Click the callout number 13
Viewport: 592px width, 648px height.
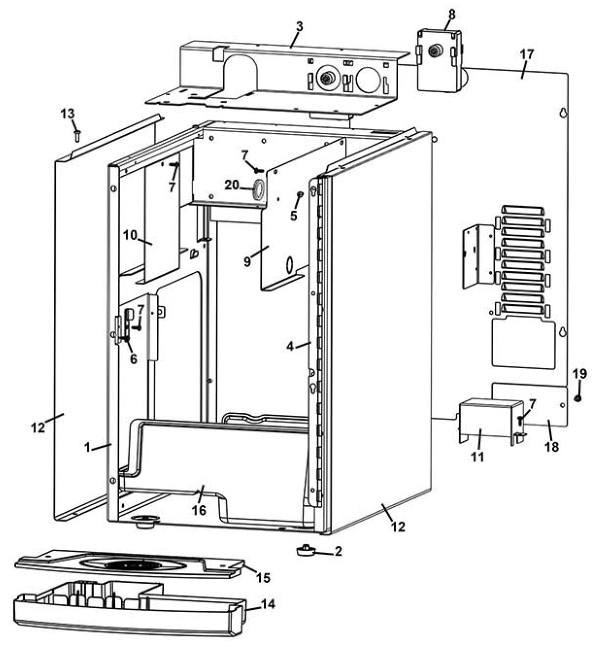click(68, 114)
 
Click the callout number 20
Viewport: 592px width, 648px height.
click(232, 185)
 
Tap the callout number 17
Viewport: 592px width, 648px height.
click(526, 54)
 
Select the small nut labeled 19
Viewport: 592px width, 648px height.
click(577, 398)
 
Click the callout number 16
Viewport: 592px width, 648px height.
click(199, 511)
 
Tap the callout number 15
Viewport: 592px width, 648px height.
click(263, 577)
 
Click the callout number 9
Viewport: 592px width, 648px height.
click(247, 261)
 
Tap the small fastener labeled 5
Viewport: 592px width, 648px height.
click(299, 196)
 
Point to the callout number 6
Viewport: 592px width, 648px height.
click(133, 358)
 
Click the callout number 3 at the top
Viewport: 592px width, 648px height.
click(299, 26)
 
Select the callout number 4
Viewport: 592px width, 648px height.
click(290, 347)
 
